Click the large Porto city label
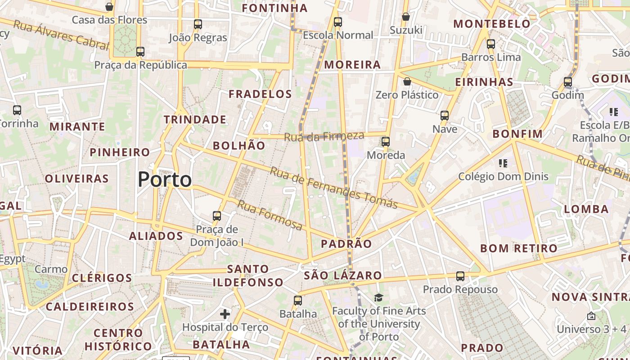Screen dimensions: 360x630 point(165,180)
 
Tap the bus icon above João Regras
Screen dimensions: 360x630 point(198,24)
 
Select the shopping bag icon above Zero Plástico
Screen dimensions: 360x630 point(407,81)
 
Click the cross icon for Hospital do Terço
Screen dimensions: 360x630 point(225,314)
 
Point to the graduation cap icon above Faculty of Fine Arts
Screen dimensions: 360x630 point(378,297)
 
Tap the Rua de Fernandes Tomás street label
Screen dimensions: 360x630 point(333,188)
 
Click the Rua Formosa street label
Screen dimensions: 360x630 point(270,215)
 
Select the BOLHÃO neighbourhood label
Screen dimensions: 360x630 point(239,145)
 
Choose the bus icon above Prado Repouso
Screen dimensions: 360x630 point(460,276)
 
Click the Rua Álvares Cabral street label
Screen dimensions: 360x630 point(61,35)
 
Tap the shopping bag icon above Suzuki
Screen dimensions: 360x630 point(406,17)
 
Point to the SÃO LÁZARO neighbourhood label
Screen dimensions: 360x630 point(343,275)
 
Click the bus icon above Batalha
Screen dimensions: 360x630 point(298,301)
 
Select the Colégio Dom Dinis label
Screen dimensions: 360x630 point(503,176)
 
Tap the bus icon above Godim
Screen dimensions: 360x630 point(568,82)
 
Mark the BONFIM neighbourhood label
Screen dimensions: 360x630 point(517,134)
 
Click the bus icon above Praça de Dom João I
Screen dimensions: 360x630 point(217,216)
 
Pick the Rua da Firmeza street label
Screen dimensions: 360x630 point(324,136)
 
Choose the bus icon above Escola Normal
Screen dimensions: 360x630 point(338,22)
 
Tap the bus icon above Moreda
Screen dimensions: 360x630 point(386,142)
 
